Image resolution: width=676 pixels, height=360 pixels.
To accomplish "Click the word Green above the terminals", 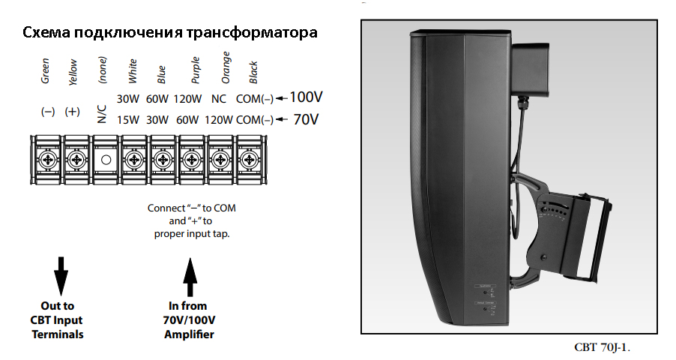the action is [x=45, y=70].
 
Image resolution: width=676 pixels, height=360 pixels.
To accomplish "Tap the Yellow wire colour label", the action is [x=73, y=72].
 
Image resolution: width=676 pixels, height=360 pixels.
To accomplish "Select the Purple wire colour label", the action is [x=196, y=70].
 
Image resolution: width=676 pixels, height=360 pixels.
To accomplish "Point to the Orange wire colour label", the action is [x=226, y=67].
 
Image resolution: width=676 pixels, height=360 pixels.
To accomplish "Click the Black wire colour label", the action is [x=253, y=72].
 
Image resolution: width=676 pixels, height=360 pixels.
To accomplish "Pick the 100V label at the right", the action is [x=306, y=97].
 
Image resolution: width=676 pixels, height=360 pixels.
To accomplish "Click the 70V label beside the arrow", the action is [x=306, y=119].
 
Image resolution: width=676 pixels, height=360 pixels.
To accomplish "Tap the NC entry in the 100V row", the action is [x=219, y=99].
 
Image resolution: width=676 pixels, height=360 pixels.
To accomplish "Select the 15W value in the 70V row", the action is [x=128, y=119].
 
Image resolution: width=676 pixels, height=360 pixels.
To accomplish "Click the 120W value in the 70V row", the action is [x=219, y=119].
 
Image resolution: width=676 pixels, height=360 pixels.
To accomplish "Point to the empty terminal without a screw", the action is [x=106, y=160].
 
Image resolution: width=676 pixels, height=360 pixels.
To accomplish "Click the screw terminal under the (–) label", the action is [x=48, y=160].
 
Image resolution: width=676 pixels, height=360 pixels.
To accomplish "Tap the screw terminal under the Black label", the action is [x=249, y=160].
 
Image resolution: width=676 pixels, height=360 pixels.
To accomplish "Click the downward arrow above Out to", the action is [x=61, y=276].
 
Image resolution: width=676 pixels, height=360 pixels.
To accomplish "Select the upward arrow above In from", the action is [x=190, y=277].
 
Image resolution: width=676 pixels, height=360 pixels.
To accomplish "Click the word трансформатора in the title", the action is [x=253, y=33].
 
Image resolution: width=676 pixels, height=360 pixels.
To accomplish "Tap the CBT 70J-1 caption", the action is [x=602, y=347].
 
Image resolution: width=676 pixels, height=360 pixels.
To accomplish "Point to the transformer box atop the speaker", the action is [x=530, y=69].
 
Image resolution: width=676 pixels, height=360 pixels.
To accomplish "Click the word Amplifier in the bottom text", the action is [x=189, y=334].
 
